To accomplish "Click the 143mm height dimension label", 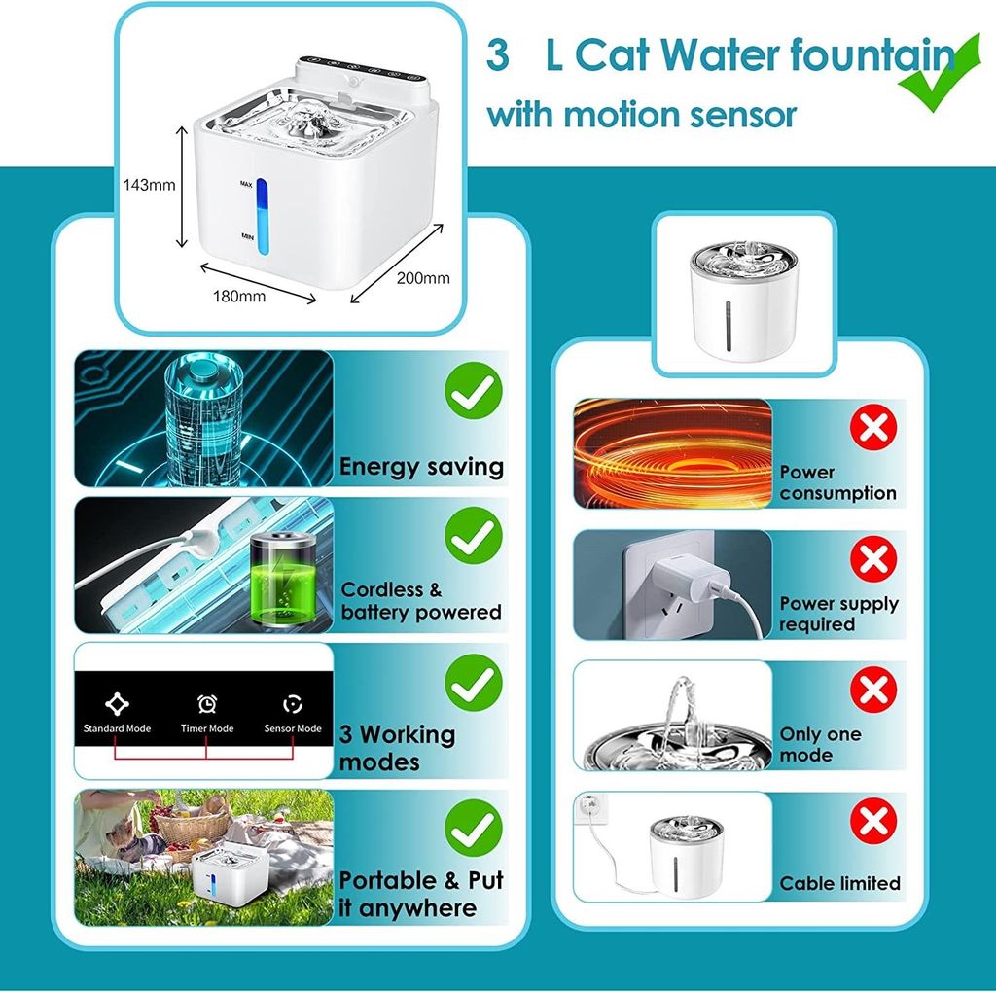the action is coord(149,185).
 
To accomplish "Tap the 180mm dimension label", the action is coord(239,296).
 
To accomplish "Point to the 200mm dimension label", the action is coord(423,278).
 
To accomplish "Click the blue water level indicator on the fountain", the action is coord(262,216).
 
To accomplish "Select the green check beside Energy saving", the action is coord(474,391).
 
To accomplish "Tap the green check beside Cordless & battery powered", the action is coord(474,535).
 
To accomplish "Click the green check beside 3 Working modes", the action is coord(474,682).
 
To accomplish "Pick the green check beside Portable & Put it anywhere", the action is coord(474,828).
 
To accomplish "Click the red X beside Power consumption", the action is coord(873,427).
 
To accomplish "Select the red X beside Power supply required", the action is coord(873,559).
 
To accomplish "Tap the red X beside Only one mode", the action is coord(873,690).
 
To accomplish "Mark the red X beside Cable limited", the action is coord(873,822).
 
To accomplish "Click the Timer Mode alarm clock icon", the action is coord(207,704).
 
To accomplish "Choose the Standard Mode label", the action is coord(117,728).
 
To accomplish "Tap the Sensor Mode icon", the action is coord(292,704).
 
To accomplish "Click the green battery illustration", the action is coord(282,583).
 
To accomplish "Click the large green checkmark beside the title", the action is coord(941,72).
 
